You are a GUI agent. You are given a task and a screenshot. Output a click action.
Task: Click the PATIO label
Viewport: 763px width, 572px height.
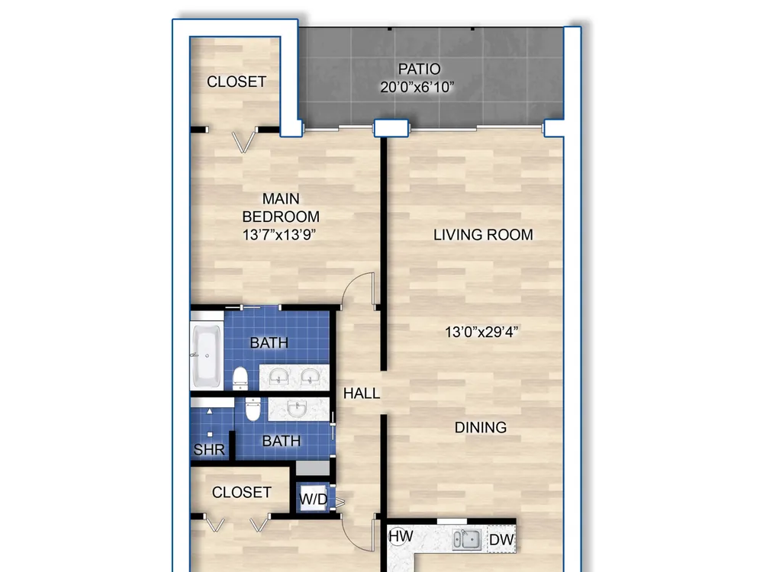(419, 69)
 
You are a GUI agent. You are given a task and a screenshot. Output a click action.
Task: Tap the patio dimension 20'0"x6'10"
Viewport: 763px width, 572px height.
(417, 87)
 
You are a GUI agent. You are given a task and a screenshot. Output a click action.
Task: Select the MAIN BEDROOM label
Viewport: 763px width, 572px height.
(281, 207)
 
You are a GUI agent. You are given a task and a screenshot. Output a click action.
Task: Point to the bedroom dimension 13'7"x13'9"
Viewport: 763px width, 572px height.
(279, 235)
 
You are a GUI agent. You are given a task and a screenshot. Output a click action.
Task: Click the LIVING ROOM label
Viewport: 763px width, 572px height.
(483, 235)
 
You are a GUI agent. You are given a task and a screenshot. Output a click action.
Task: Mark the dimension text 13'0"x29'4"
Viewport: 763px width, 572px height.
(481, 333)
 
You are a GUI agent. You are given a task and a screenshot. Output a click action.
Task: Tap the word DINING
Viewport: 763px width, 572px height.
(480, 428)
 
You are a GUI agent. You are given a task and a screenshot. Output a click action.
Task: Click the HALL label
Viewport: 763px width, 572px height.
(362, 393)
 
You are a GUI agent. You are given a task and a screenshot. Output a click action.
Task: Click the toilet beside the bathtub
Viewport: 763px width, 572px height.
(240, 378)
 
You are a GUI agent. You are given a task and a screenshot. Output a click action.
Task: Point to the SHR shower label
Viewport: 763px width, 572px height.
(209, 450)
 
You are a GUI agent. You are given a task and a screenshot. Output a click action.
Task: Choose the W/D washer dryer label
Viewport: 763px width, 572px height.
(314, 499)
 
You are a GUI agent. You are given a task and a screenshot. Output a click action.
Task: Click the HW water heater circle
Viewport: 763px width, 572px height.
(400, 536)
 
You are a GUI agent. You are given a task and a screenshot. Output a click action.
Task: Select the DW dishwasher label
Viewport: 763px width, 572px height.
(501, 539)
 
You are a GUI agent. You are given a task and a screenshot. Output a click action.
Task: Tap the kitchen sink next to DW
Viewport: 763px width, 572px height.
(467, 539)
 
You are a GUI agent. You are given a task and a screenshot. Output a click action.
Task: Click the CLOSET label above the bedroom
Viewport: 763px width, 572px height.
(237, 82)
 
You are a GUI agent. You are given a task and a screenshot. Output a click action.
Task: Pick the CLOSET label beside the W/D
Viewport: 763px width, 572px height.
(241, 492)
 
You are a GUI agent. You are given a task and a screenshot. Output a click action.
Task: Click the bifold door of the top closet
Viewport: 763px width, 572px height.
(243, 141)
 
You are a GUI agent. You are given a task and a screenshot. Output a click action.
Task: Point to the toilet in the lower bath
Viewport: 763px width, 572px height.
(253, 409)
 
